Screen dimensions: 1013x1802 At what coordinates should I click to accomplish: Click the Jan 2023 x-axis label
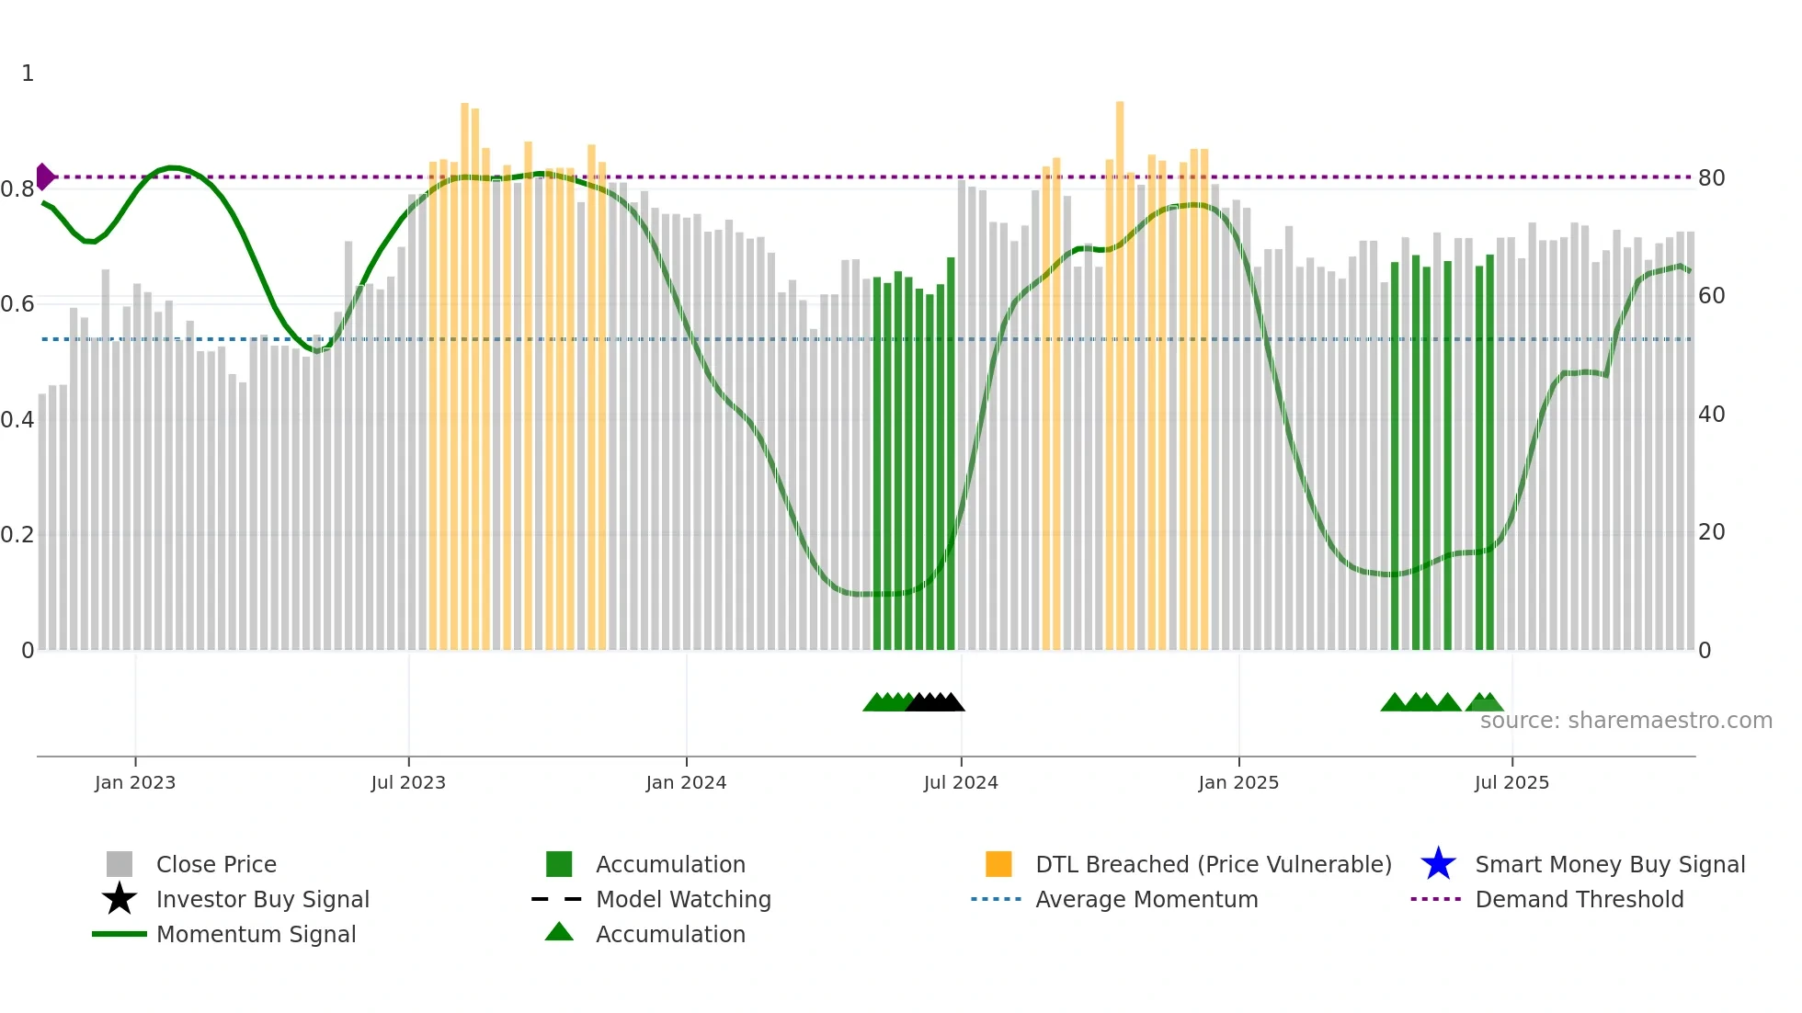135,782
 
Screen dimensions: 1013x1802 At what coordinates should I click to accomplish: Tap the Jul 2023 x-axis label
408,782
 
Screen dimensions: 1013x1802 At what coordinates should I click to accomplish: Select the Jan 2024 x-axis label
686,782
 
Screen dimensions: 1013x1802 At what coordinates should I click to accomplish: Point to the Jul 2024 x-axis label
961,782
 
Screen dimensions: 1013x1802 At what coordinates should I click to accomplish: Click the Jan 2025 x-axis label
1238,782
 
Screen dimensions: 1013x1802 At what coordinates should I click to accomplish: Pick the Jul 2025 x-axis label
1511,782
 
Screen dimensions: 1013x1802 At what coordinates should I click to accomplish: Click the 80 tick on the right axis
1711,178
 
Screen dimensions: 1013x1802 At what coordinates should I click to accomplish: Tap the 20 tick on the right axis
1711,532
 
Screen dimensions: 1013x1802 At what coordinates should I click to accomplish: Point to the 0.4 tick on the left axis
17,420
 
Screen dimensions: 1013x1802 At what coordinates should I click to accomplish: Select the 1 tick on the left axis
28,74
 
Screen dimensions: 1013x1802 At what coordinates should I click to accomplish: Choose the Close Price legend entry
216,864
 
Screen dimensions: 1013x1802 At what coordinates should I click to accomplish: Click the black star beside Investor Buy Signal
120,899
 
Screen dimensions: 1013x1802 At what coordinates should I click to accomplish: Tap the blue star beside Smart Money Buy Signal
1438,864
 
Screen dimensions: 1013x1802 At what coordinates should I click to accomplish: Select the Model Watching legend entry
683,899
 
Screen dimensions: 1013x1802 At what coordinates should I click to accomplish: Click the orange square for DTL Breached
998,864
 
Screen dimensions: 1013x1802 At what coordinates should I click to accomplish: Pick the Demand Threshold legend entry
1579,899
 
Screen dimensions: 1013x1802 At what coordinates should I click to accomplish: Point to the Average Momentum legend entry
1146,899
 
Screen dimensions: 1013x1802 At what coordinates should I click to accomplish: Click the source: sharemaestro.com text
1625,721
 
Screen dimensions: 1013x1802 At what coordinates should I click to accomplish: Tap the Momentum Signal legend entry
256,934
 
